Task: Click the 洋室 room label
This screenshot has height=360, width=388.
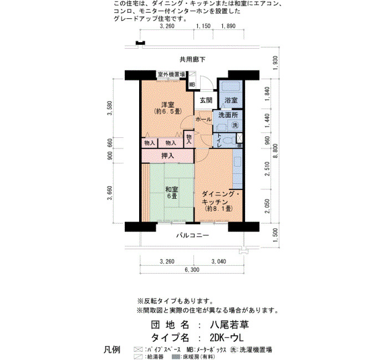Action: [x=167, y=105]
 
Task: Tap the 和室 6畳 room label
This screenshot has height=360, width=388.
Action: [x=171, y=193]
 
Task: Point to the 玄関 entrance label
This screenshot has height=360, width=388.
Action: [x=206, y=100]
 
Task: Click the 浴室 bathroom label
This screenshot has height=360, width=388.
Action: [x=231, y=100]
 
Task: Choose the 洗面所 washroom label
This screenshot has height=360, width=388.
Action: [x=228, y=115]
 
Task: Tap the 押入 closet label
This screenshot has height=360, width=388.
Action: [x=167, y=156]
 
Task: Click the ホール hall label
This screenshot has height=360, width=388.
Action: [x=203, y=119]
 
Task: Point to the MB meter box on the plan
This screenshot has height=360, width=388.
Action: [x=192, y=84]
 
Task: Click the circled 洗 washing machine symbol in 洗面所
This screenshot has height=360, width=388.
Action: [x=235, y=125]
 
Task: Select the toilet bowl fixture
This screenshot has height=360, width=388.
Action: [x=229, y=141]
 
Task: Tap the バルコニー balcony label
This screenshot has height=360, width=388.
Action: [x=192, y=235]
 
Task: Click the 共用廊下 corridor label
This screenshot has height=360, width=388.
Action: [x=192, y=59]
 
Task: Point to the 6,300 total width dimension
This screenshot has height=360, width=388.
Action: [x=192, y=270]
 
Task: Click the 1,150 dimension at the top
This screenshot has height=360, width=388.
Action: [x=203, y=26]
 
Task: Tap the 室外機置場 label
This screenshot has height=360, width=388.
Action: [x=171, y=74]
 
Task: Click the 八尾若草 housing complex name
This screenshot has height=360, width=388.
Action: [x=229, y=325]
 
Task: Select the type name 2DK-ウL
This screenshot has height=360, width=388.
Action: [x=227, y=337]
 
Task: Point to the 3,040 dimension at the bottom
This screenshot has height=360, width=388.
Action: [x=219, y=261]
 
